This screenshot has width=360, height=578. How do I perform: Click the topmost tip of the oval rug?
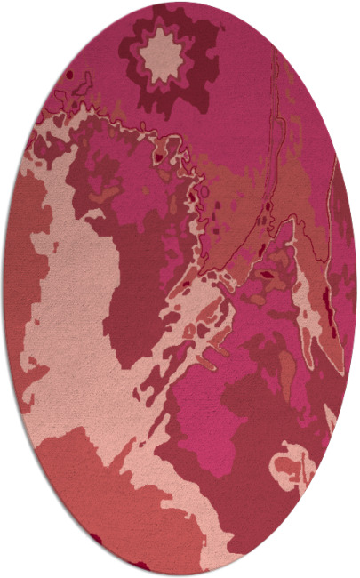tap(179, 3)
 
